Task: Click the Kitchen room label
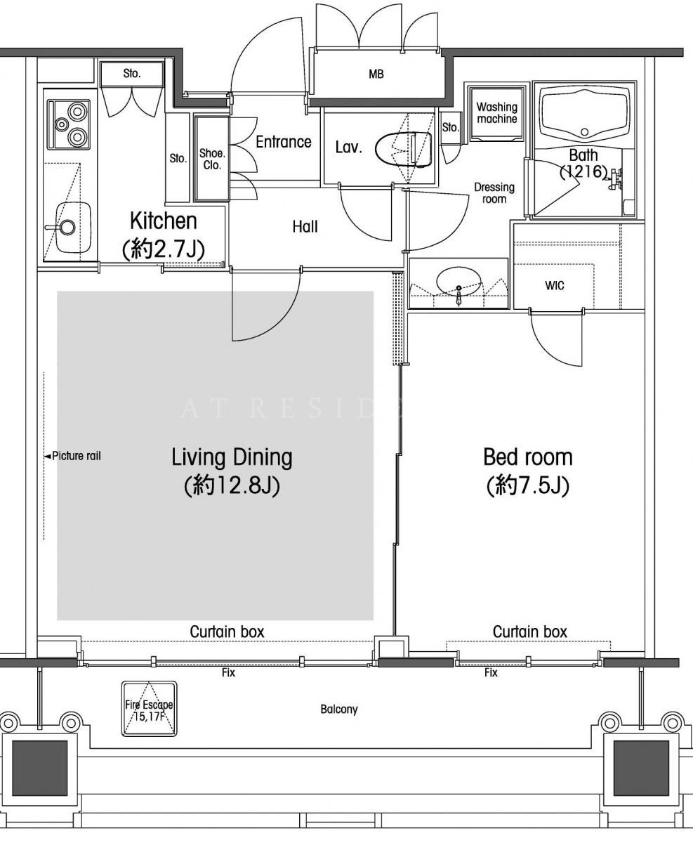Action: point(164,221)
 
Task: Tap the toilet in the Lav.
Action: point(404,149)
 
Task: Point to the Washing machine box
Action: point(496,113)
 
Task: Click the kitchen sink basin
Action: point(73,227)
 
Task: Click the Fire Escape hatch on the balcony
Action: point(149,709)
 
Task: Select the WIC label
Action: point(555,285)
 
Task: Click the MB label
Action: point(376,74)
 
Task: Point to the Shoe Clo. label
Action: point(212,159)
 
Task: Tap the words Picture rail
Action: point(77,456)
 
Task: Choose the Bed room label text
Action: point(527,457)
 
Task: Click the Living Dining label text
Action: point(232,457)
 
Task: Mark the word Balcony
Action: point(338,710)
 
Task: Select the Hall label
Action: point(305,227)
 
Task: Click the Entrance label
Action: point(284,142)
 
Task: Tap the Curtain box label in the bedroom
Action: point(529,632)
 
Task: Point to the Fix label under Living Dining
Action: point(228,673)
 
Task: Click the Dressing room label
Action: point(494,192)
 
